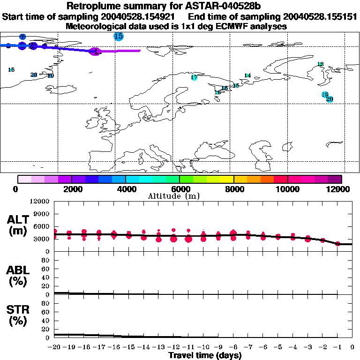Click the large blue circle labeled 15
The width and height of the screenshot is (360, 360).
[119, 37]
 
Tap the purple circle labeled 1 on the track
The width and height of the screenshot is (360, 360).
[95, 52]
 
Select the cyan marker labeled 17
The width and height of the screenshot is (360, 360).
[194, 78]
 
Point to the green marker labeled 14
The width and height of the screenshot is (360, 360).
[247, 75]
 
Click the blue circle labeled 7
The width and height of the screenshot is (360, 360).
[22, 37]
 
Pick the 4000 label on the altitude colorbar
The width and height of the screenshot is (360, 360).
[126, 189]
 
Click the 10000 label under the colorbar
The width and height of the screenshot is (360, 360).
[287, 189]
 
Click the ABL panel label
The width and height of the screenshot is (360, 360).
[19, 275]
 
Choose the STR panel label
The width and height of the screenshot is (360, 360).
[19, 315]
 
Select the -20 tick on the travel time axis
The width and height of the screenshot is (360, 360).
[54, 347]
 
